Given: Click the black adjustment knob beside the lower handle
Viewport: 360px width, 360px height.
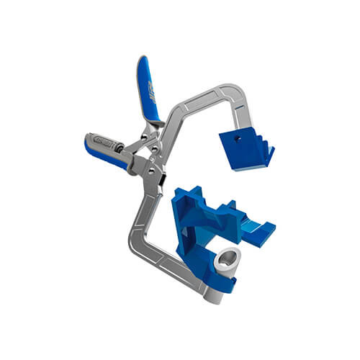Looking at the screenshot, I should tap(90, 137).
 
